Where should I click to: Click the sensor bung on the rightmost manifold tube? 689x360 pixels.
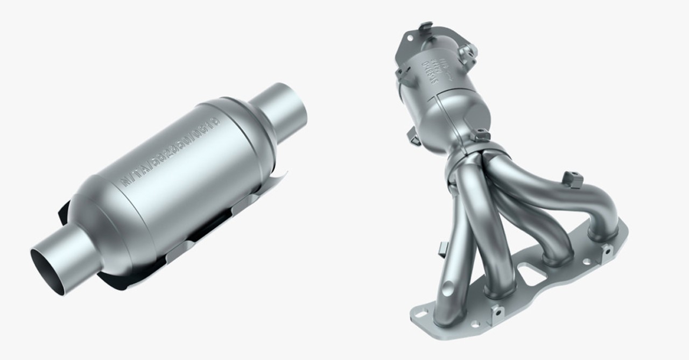pos(573,179)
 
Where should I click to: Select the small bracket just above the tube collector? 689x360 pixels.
pos(482,135)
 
